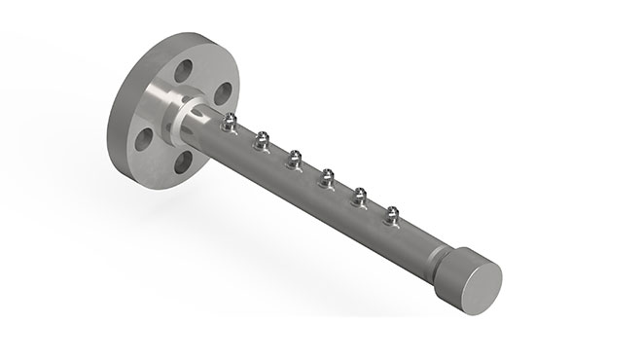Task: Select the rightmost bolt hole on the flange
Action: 222,93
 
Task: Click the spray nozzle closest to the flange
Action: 230,122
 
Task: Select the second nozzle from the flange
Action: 261,142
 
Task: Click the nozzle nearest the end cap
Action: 393,214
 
